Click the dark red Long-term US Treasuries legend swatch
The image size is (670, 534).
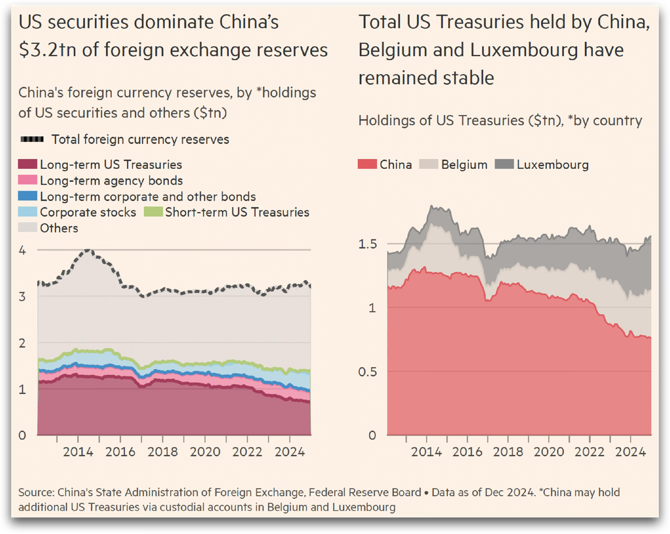pos(27,164)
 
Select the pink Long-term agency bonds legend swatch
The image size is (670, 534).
pos(27,180)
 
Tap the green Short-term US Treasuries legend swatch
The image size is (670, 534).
pos(153,212)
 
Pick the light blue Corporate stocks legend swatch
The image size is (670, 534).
pos(27,212)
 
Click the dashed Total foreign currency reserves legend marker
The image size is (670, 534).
pos(32,139)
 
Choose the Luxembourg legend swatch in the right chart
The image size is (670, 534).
pos(504,164)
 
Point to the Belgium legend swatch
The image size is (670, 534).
pos(429,164)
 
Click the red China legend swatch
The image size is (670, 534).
pos(367,164)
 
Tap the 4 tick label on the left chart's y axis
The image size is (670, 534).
pos(22,250)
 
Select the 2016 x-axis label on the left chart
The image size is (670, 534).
pos(120,452)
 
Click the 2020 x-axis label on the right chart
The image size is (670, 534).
pos(549,452)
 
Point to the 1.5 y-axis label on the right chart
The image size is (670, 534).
pos(368,244)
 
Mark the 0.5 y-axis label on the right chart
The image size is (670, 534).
pos(368,372)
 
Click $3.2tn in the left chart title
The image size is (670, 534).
pos(47,50)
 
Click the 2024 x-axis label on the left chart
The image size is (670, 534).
pos(290,452)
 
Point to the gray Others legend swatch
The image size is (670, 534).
pos(27,228)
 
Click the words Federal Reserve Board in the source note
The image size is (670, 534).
pos(365,493)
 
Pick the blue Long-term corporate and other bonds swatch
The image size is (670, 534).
pos(27,196)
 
